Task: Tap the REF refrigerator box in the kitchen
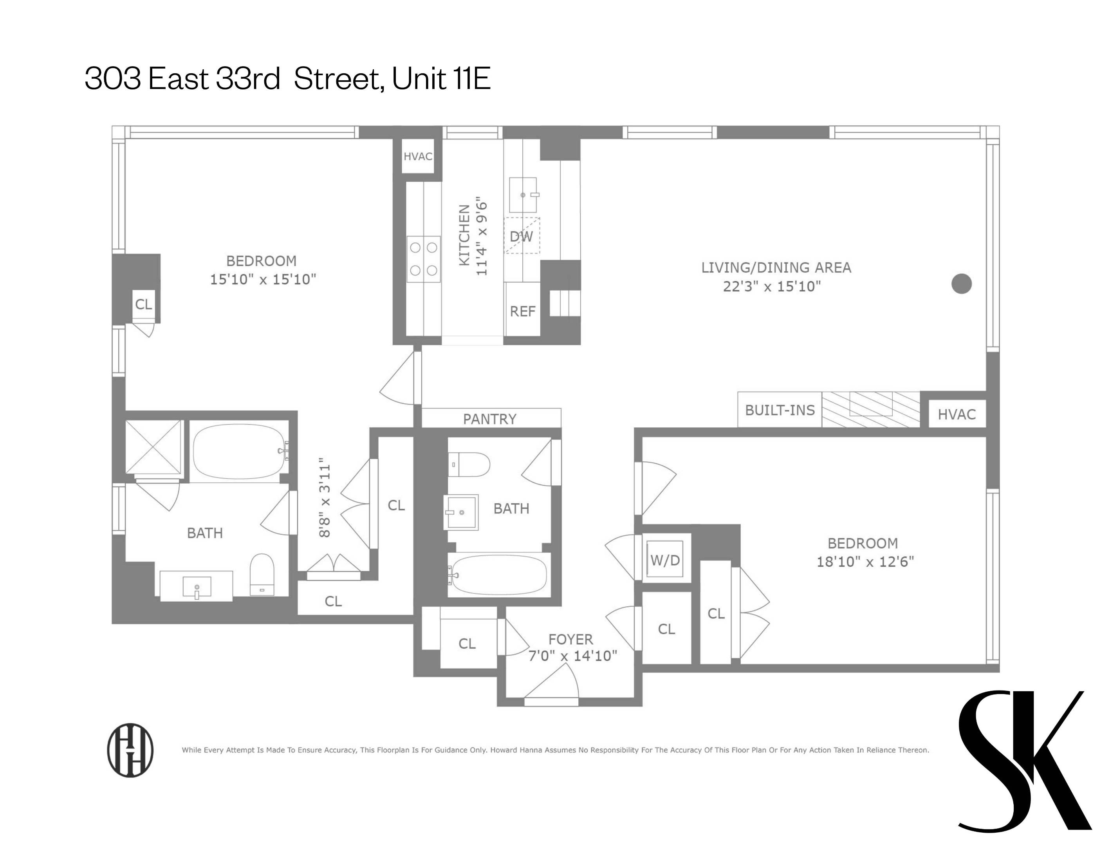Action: pos(523,311)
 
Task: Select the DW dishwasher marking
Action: pos(522,236)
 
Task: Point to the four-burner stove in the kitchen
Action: pos(423,259)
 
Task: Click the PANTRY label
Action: pos(490,419)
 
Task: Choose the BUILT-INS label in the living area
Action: pos(780,410)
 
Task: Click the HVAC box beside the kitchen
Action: pos(418,157)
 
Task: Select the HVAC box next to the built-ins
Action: pos(957,414)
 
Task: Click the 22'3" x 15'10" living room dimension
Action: pos(772,287)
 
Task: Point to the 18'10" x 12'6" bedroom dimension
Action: pos(865,562)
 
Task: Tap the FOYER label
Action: pos(570,639)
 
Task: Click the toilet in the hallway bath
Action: pos(469,464)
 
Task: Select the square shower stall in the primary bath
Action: pos(153,446)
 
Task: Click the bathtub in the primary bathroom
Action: pos(239,451)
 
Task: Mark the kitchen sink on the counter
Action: pos(523,195)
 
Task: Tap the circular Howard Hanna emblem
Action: pos(130,750)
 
